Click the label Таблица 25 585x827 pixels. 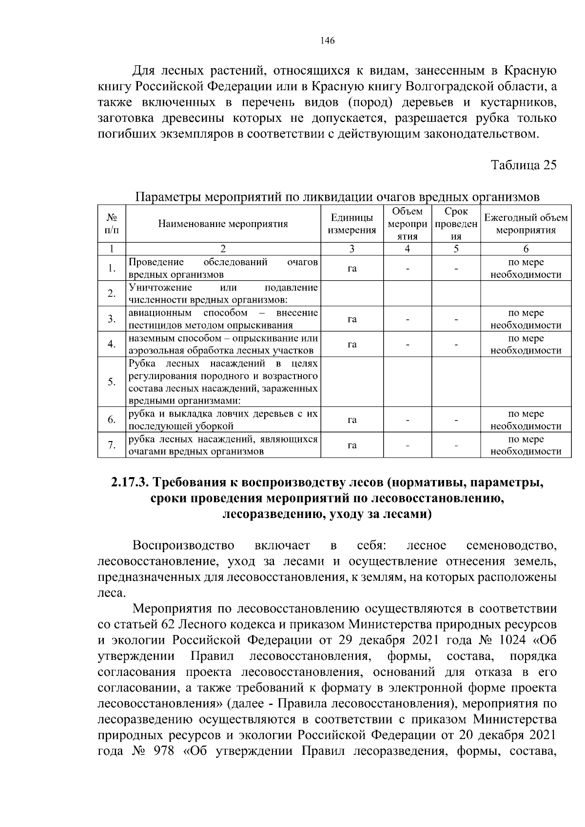[523, 165]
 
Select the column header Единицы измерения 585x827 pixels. [352, 224]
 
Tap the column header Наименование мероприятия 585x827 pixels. [223, 224]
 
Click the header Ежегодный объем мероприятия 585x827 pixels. [526, 224]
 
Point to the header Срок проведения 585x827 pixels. [455, 224]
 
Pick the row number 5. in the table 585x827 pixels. [112, 382]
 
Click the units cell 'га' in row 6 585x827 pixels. [352, 420]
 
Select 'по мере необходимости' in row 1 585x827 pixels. [526, 268]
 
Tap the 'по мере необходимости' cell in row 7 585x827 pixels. [526, 445]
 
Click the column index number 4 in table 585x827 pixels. [407, 249]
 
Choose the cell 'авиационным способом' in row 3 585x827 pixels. [223, 319]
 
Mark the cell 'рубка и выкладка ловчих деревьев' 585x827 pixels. [223, 420]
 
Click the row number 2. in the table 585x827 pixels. [112, 293]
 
